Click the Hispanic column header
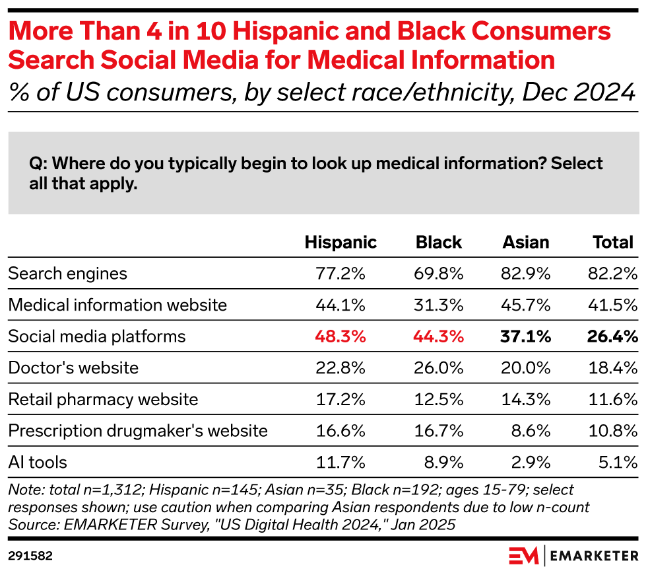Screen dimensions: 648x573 (340, 243)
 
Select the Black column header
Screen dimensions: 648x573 (438, 243)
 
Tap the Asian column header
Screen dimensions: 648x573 (526, 243)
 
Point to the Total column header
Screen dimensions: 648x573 (613, 243)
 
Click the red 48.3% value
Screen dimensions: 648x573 (340, 336)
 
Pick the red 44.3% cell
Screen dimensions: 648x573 (438, 336)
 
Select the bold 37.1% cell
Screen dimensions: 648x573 (526, 336)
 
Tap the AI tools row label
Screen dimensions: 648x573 (38, 463)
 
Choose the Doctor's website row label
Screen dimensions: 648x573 (73, 368)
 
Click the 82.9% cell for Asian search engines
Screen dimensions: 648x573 (526, 274)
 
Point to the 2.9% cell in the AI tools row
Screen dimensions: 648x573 (531, 463)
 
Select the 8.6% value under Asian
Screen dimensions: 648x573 (531, 431)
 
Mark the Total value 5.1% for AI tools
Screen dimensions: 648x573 (618, 463)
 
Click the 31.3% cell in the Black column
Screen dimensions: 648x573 (438, 305)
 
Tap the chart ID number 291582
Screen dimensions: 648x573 (30, 556)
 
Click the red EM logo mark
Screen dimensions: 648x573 (523, 556)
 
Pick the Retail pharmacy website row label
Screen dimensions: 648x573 (104, 400)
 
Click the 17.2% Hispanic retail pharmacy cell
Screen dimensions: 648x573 (340, 400)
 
